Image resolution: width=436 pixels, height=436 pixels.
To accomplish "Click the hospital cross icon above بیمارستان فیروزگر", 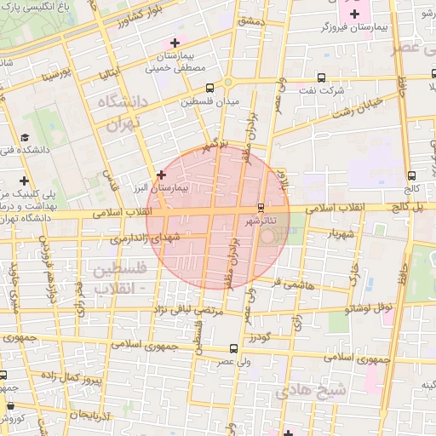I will (354, 14).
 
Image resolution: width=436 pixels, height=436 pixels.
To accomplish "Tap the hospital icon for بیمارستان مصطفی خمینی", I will (175, 43).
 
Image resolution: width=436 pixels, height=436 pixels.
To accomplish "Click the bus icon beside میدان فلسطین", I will (209, 87).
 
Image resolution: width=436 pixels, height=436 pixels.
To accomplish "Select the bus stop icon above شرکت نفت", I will (321, 76).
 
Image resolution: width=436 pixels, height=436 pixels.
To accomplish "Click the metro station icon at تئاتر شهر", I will (261, 207).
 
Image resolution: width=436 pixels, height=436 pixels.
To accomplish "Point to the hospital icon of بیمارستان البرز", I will (161, 174).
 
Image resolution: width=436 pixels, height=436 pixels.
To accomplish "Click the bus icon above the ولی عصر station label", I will (233, 347).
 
